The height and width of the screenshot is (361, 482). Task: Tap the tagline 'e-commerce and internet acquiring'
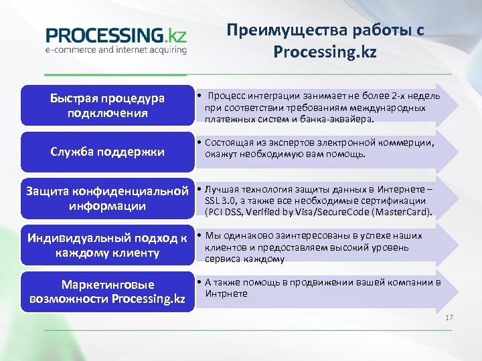coord(116,49)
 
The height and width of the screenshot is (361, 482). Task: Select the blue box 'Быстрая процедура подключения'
coord(107,106)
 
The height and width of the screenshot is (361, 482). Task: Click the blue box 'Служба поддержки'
coord(107,151)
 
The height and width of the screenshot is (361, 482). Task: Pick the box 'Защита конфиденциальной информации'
coord(107,199)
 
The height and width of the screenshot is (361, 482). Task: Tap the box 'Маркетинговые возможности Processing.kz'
coord(107,291)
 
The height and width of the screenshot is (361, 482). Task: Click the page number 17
coord(449,317)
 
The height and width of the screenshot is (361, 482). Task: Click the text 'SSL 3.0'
coord(220,201)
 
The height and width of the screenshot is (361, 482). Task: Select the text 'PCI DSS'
coord(226,213)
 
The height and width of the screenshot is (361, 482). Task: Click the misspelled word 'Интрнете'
coord(226,293)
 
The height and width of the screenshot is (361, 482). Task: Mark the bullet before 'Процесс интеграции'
coord(200,97)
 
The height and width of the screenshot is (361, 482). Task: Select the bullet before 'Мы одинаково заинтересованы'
coord(199,235)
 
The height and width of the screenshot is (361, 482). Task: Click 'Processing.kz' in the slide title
coord(325,52)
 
